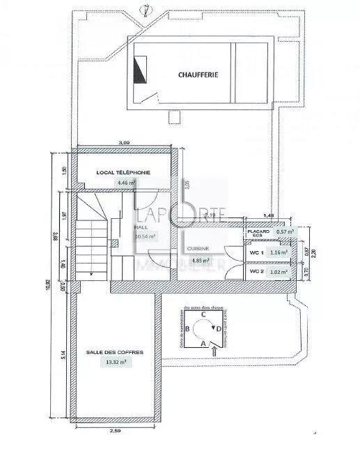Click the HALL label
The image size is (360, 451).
coord(141,227)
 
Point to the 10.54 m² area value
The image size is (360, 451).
coord(144,237)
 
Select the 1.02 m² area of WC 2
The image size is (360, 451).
coord(280,270)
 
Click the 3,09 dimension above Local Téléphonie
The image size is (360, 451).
coord(125,143)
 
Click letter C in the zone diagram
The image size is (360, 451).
coord(202,314)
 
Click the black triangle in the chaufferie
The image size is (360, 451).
coord(139,70)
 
